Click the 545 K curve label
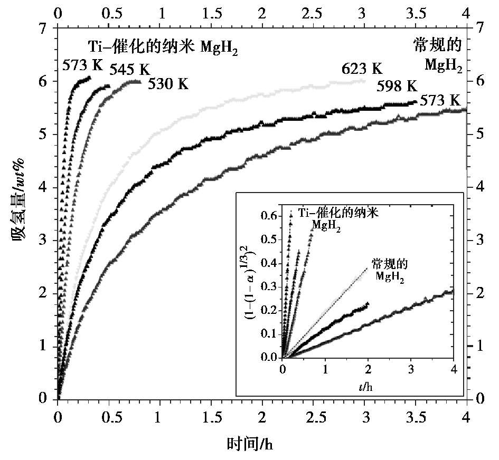pos(130,70)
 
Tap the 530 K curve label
pos(168,83)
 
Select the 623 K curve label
pos(362,69)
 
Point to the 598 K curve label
pos(397,87)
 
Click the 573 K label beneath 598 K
pos(440,101)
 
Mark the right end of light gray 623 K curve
pos(364,81)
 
